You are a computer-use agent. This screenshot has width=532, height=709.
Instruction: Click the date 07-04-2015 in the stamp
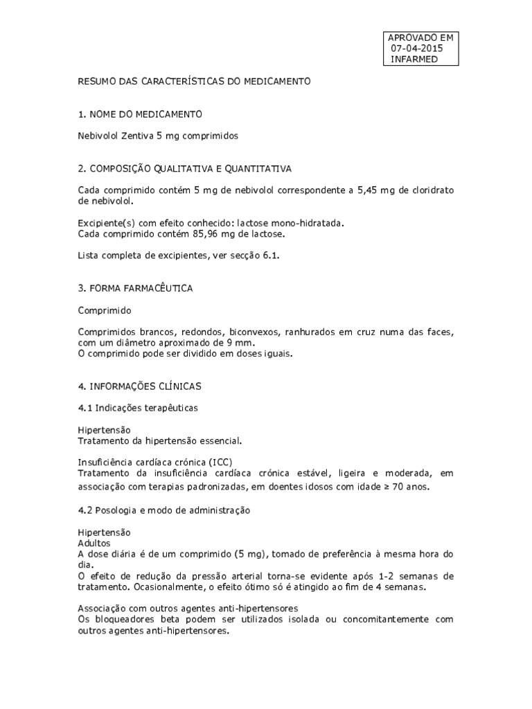(x=417, y=48)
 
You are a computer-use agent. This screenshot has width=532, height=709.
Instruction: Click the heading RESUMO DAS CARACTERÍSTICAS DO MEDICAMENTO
(x=194, y=82)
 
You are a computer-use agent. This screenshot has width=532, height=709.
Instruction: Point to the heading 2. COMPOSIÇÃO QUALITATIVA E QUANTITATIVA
(x=184, y=168)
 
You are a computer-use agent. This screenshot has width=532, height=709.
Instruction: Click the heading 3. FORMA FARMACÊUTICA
(x=135, y=288)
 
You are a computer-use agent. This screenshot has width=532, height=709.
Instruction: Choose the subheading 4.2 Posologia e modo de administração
(x=163, y=510)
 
